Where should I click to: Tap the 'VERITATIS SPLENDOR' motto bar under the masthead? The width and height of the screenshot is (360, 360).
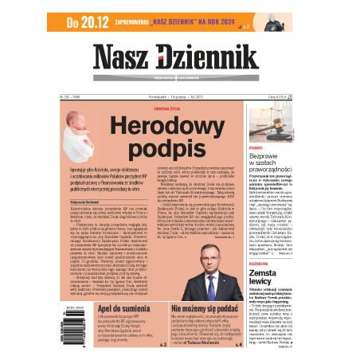click(179, 81)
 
